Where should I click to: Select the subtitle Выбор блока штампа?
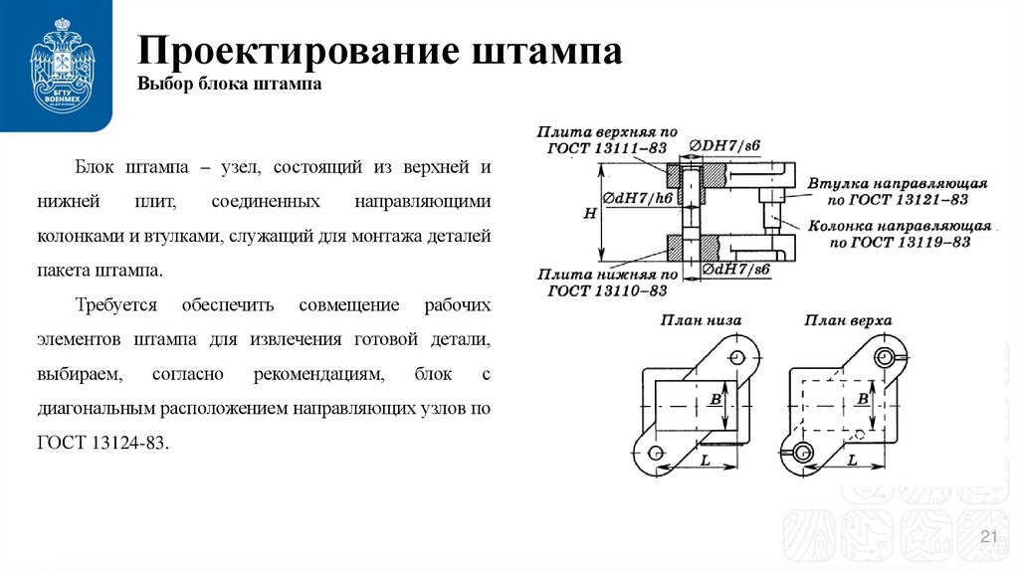tap(229, 86)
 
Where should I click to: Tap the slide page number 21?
tap(989, 538)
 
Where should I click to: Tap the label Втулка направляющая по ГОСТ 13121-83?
tap(897, 192)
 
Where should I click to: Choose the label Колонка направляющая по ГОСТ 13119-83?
tap(900, 234)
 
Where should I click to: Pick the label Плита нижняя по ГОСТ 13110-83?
tap(607, 282)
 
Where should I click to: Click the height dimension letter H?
tap(590, 212)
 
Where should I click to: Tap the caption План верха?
tap(848, 319)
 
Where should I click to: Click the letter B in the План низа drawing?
tap(714, 399)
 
